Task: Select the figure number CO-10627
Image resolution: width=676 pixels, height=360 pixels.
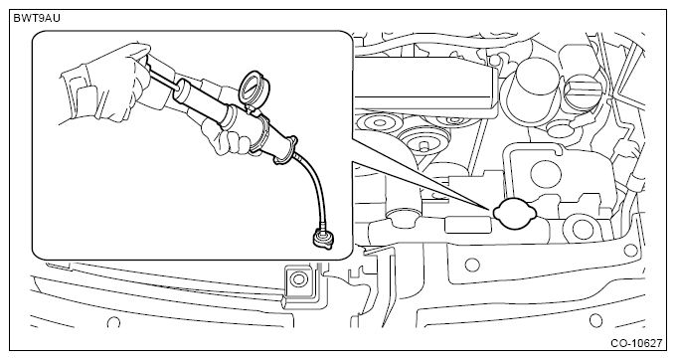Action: (636, 343)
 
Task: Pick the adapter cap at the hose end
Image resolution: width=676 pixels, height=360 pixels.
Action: (323, 237)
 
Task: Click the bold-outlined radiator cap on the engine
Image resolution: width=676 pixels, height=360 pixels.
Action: (515, 214)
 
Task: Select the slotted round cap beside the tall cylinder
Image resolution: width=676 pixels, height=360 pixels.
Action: (583, 90)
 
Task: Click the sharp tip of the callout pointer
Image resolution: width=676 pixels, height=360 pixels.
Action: (491, 209)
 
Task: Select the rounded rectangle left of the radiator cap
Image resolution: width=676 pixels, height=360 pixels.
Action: (467, 226)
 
